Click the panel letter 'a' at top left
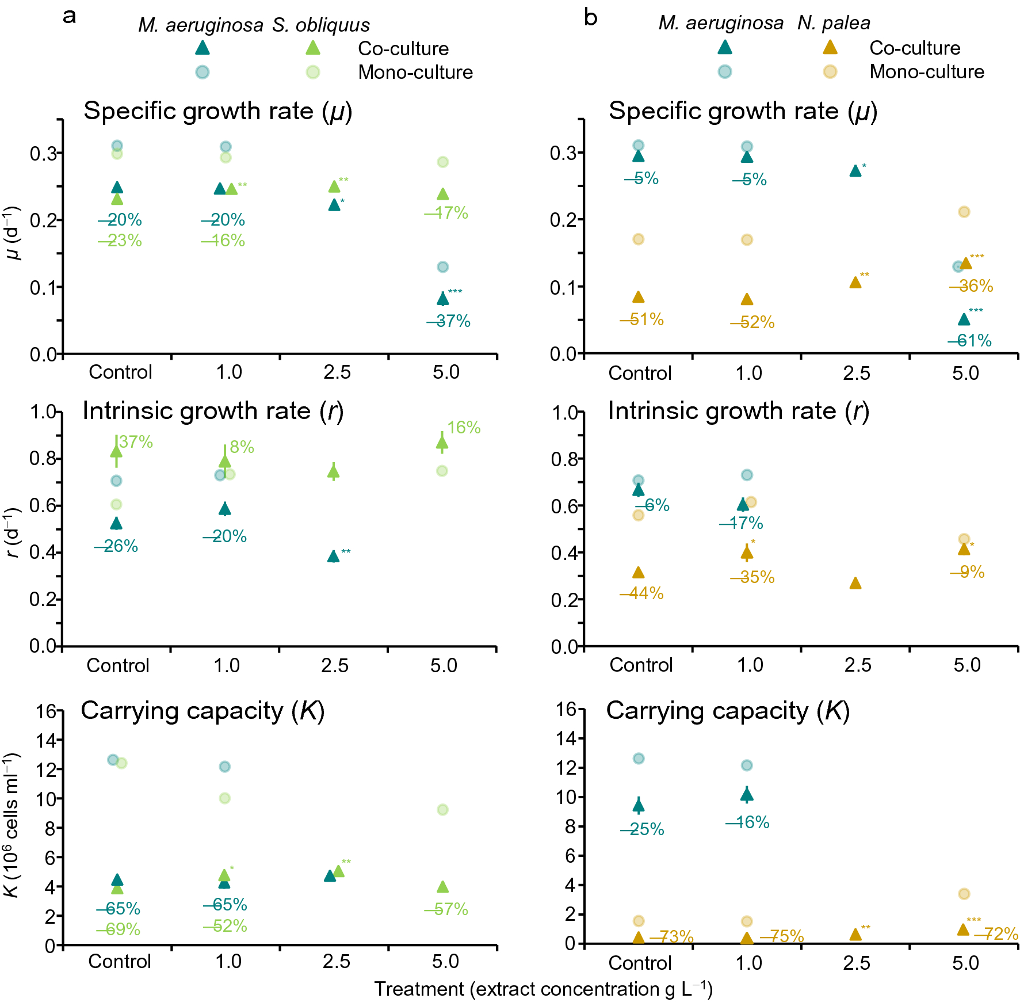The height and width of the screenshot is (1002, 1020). [x=69, y=17]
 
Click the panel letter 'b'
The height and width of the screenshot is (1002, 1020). [x=590, y=17]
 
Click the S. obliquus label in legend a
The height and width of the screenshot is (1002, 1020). [x=320, y=25]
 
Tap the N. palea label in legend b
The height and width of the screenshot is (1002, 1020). [x=834, y=23]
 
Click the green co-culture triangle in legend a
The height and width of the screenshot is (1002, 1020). [x=312, y=48]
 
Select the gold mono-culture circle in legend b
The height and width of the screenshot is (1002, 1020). [x=830, y=71]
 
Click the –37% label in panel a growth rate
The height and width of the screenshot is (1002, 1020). [x=449, y=321]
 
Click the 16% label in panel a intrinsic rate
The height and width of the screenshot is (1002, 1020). [x=464, y=428]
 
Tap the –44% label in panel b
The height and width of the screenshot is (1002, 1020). [x=641, y=593]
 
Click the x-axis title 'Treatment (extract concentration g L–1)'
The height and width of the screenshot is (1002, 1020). [x=543, y=989]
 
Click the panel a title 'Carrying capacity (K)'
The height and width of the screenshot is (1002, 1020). [x=203, y=711]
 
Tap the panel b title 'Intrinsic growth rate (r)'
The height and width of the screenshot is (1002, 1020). [x=738, y=411]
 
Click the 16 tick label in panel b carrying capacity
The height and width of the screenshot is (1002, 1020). [x=566, y=708]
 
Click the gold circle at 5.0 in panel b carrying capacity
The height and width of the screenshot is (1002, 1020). [x=964, y=894]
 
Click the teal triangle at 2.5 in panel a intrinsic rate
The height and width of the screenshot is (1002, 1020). [x=333, y=556]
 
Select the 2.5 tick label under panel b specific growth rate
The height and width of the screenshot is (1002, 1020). [x=857, y=373]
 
